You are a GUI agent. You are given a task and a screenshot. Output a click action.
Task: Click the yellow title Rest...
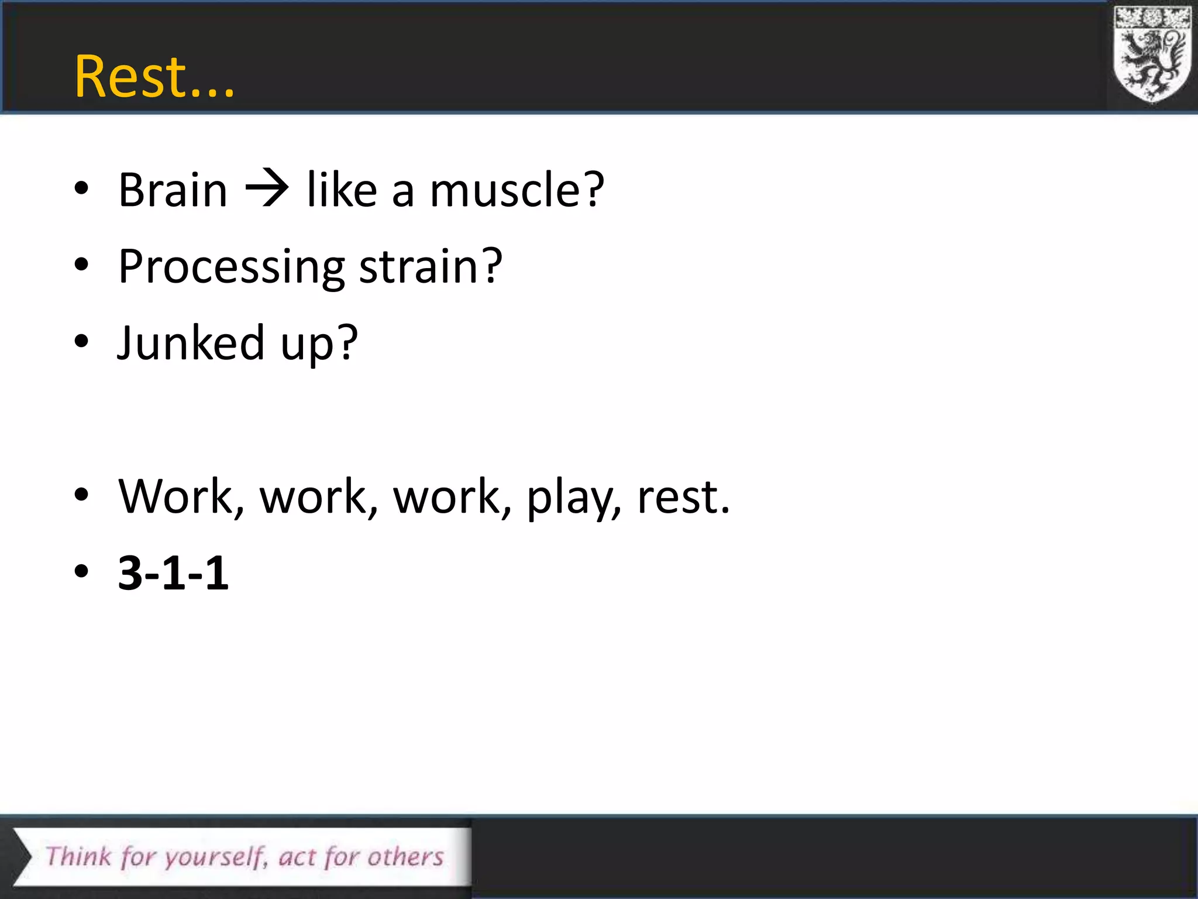(x=153, y=77)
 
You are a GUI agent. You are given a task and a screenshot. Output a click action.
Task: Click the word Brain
(x=173, y=190)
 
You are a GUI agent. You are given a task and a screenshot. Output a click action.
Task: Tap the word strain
(x=430, y=266)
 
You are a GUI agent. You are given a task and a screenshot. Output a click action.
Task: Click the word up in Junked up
(x=319, y=345)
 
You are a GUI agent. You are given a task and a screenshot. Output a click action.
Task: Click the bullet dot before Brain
(x=81, y=189)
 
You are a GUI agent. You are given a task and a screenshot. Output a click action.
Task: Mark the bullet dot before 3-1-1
(x=81, y=571)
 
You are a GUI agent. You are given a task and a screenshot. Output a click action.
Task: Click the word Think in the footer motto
(x=78, y=856)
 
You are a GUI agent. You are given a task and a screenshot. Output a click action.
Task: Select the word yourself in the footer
(x=215, y=858)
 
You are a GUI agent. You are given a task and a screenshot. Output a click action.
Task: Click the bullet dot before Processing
(x=81, y=265)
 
